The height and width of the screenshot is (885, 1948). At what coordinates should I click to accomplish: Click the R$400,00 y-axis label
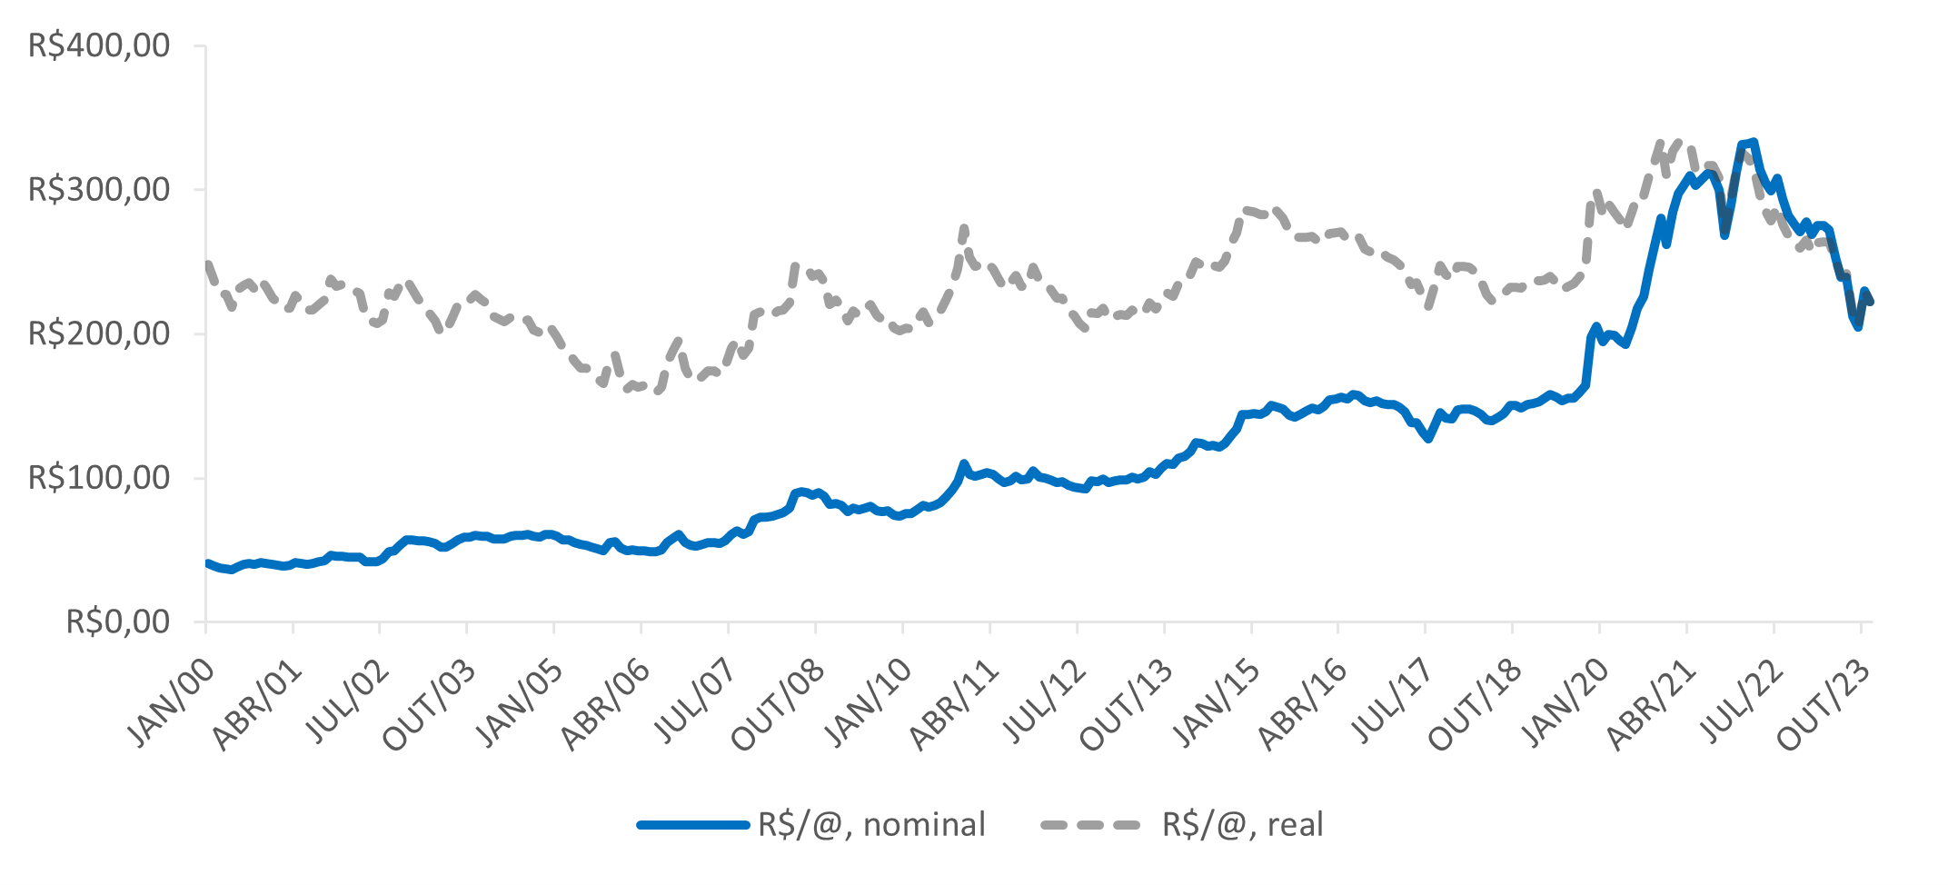point(99,45)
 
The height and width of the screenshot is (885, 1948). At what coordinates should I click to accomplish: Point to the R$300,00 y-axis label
point(99,190)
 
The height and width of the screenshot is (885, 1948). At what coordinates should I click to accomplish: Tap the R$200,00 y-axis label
point(99,334)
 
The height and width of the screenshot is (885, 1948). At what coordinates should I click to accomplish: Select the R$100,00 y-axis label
point(99,478)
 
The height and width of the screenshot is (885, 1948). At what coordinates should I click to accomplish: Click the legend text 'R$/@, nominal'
point(871,825)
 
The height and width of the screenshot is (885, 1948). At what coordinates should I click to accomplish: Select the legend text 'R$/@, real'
point(1242,825)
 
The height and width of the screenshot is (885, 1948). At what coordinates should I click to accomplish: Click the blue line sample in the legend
point(693,825)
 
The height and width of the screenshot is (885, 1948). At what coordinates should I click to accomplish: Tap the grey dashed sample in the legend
point(1090,825)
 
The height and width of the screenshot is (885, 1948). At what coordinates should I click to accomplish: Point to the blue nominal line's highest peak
point(1753,142)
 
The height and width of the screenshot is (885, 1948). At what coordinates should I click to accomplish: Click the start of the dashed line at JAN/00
point(208,264)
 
